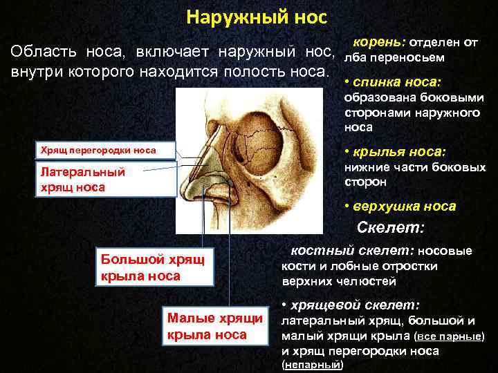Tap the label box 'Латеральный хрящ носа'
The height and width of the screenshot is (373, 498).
point(82,179)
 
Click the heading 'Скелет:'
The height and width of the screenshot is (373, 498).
point(390,227)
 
